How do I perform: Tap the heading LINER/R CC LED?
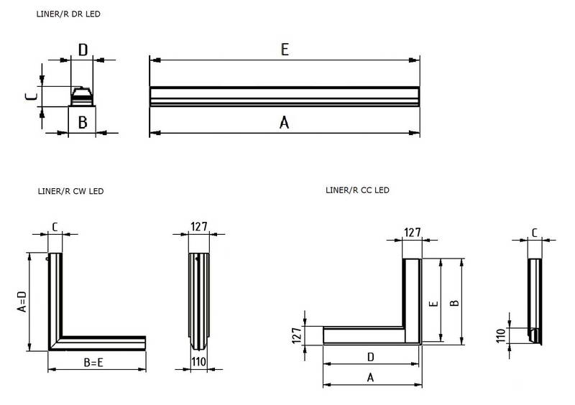[357, 190]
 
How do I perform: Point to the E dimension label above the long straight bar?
[285, 50]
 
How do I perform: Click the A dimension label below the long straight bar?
[285, 123]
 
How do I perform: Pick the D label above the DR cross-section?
[83, 50]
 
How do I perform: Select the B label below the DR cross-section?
[83, 122]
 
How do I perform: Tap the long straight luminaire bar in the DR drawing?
[285, 96]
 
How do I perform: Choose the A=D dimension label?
[22, 302]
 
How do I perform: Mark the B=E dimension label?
[96, 363]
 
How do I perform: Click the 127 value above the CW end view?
[198, 226]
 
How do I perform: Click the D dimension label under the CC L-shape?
[369, 356]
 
